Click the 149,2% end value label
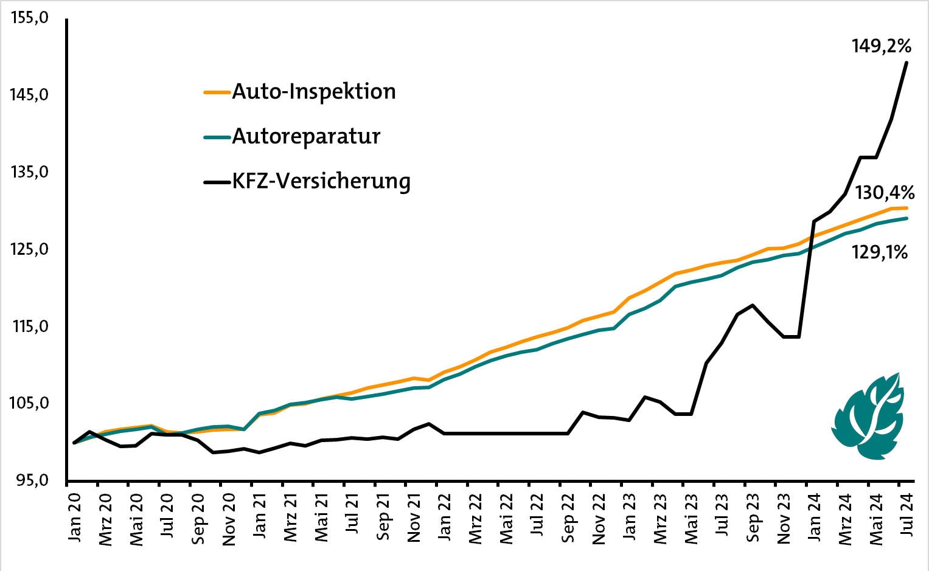point(881,46)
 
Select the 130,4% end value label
point(885,193)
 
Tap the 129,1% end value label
point(880,252)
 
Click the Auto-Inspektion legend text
point(313,92)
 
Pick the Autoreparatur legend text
point(305,136)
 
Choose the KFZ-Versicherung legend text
point(321,181)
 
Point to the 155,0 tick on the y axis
point(29,18)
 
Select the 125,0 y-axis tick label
point(29,249)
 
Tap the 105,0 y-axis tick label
point(29,403)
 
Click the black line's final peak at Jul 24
point(907,62)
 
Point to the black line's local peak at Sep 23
point(753,305)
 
